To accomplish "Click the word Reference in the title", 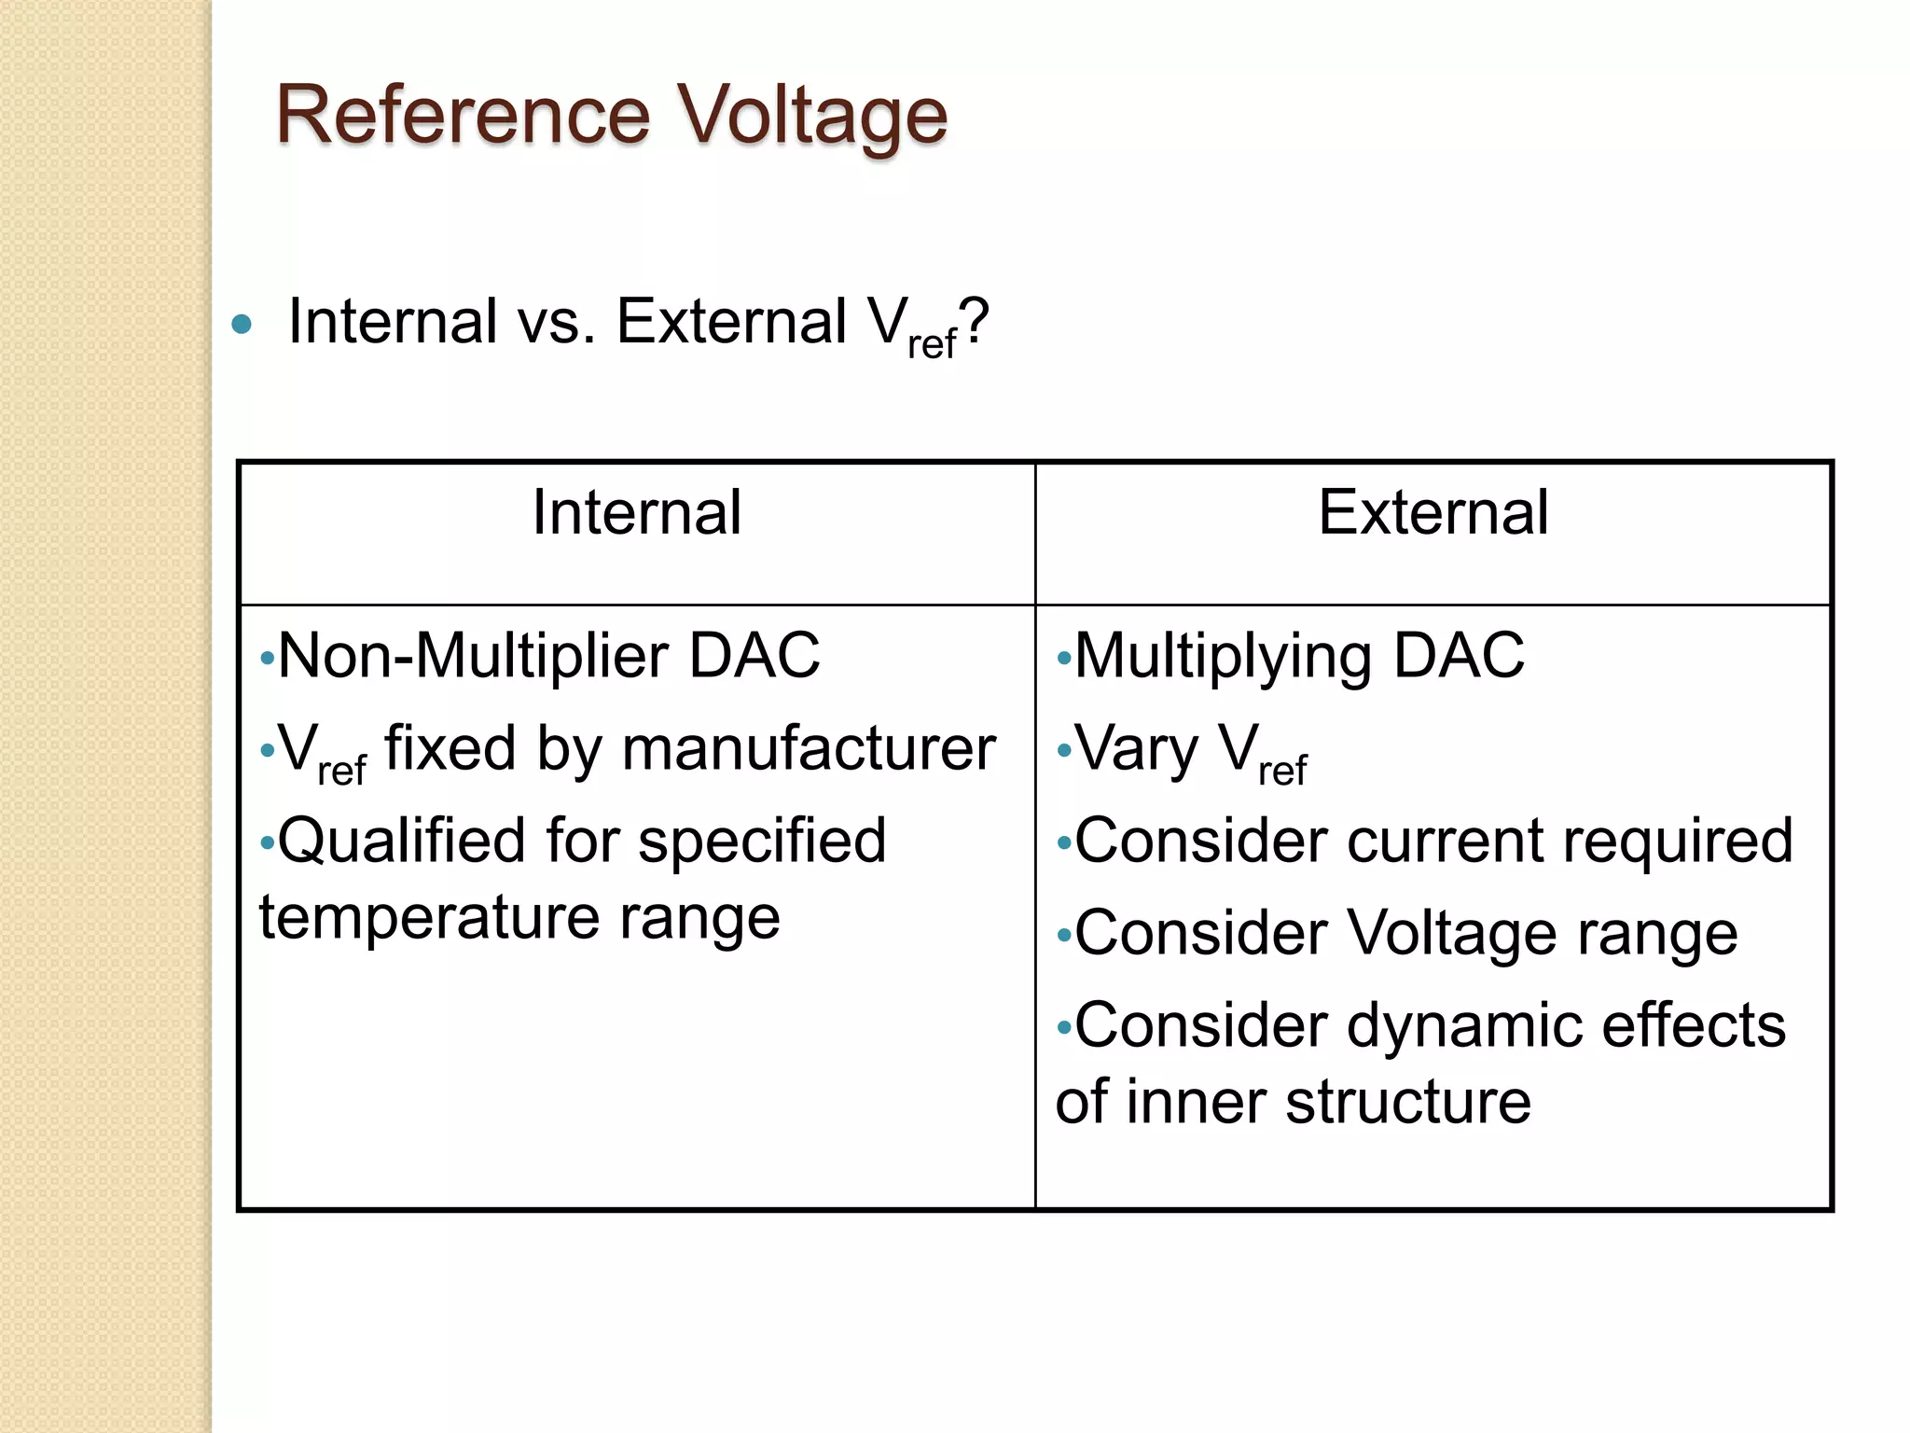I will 463,116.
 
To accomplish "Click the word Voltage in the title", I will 810,118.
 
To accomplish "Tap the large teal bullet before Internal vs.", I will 242,325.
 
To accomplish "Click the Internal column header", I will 637,512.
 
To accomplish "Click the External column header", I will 1433,512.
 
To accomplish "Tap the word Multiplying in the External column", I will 1223,657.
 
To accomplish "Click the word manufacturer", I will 809,748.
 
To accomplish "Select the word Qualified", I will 401,842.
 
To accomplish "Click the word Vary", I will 1136,750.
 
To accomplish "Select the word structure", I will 1407,1102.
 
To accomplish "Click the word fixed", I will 450,748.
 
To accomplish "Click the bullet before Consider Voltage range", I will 1064,936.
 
